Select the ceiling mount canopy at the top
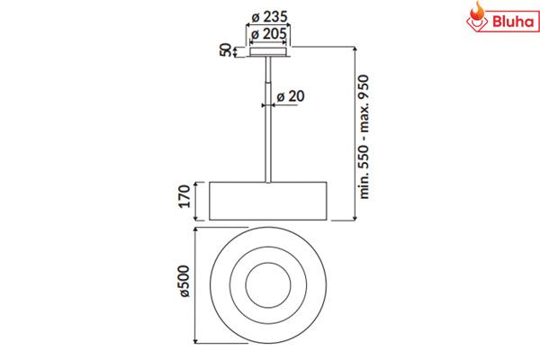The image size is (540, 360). pos(265,52)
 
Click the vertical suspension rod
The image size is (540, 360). pos(265,117)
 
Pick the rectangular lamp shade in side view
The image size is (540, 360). pos(265,199)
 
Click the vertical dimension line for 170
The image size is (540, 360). pos(198,199)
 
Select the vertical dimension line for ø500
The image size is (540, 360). pos(198,285)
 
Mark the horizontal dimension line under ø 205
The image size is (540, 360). pos(265,41)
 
